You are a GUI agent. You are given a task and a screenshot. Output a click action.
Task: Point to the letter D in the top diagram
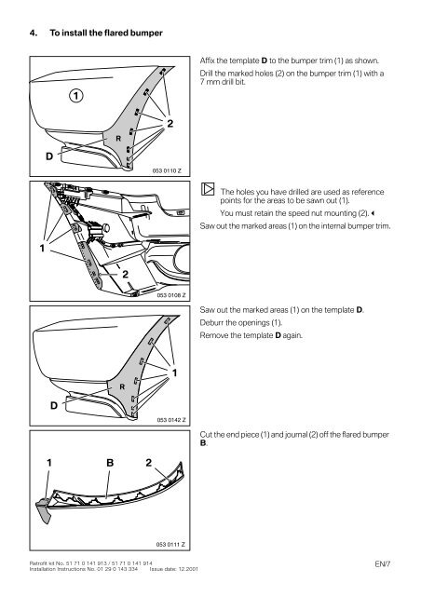point(47,156)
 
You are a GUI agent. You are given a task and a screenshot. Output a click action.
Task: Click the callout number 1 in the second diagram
point(41,250)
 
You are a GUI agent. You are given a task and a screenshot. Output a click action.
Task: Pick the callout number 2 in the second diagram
point(124,273)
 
